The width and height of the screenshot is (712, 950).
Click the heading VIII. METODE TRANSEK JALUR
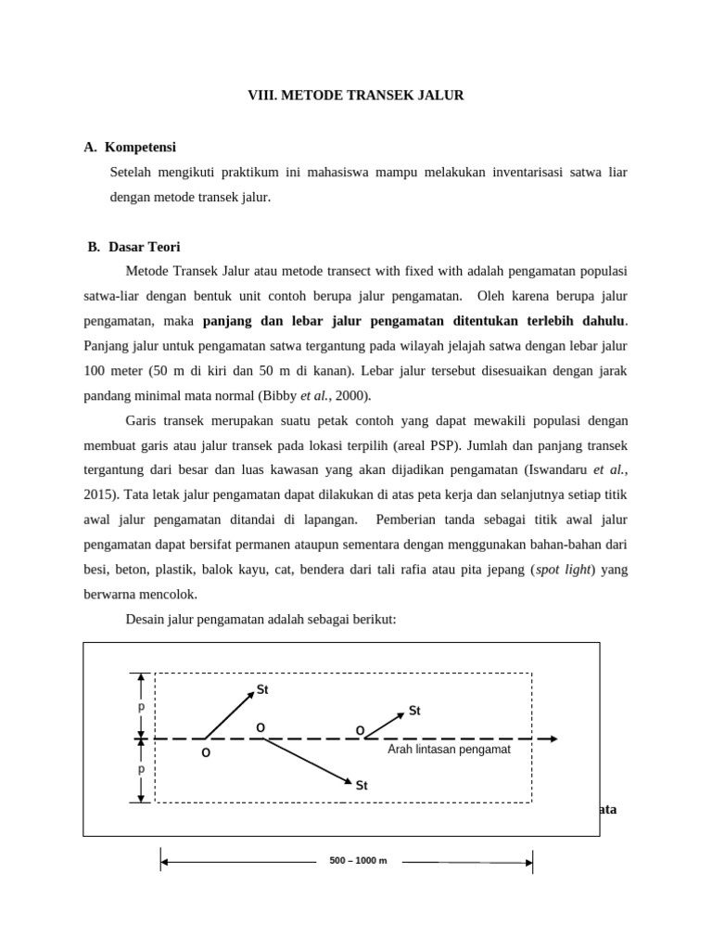pyautogui.click(x=355, y=96)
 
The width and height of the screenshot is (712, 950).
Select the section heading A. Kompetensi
pyautogui.click(x=130, y=148)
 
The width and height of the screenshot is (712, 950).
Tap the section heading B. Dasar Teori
pyautogui.click(x=134, y=247)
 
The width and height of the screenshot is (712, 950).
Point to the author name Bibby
pyautogui.click(x=279, y=396)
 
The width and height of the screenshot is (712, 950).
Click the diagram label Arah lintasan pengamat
pyautogui.click(x=449, y=749)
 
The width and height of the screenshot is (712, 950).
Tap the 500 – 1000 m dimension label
pyautogui.click(x=358, y=861)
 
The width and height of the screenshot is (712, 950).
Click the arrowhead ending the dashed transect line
pyautogui.click(x=553, y=738)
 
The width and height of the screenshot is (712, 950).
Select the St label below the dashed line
pyautogui.click(x=362, y=786)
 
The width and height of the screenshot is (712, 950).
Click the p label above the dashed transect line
pyautogui.click(x=141, y=706)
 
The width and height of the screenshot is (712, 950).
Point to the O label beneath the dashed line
pyautogui.click(x=206, y=752)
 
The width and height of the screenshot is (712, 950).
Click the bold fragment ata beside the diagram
pyautogui.click(x=607, y=809)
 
